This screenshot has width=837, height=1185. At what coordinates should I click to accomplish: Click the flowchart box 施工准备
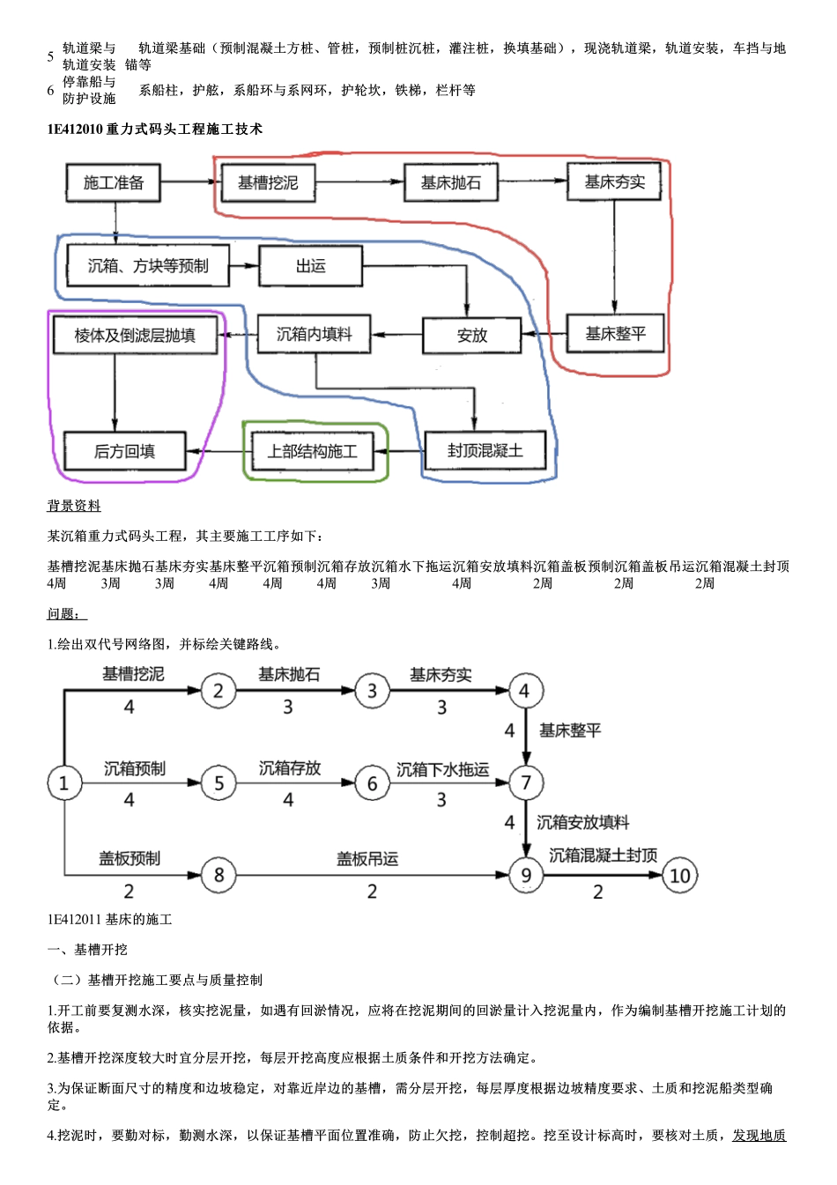pos(113,183)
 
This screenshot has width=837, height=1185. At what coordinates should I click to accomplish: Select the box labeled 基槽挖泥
pos(268,183)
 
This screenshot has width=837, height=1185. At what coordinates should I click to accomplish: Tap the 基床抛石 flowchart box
pos(450,183)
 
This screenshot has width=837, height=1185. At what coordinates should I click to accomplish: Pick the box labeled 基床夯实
pos(614,182)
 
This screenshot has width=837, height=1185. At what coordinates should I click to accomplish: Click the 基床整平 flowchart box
pos(614,334)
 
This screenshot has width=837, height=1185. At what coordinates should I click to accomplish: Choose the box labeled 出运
pos(310,266)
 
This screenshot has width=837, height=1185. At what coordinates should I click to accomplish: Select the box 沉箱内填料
pos(314,335)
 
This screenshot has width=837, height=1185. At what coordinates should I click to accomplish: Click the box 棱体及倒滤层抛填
pos(135,336)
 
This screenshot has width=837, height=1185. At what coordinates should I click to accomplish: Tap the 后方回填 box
pos(124,451)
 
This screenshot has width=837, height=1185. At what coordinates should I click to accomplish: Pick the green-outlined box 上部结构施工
pos(313,451)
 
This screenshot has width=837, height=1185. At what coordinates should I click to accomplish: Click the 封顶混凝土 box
pos(485,451)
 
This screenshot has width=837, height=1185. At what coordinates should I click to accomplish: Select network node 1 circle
pos(63,782)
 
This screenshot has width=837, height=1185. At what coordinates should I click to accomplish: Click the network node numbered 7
pos(526,782)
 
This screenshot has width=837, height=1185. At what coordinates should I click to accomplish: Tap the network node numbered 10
pos(679,875)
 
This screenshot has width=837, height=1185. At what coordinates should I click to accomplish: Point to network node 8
pos(219,875)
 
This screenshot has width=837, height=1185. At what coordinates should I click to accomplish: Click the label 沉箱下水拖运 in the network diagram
pos(442,769)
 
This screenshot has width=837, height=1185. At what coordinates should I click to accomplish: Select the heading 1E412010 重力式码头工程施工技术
pos(154,130)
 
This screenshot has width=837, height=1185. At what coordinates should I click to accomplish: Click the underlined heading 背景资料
pos(74,506)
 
